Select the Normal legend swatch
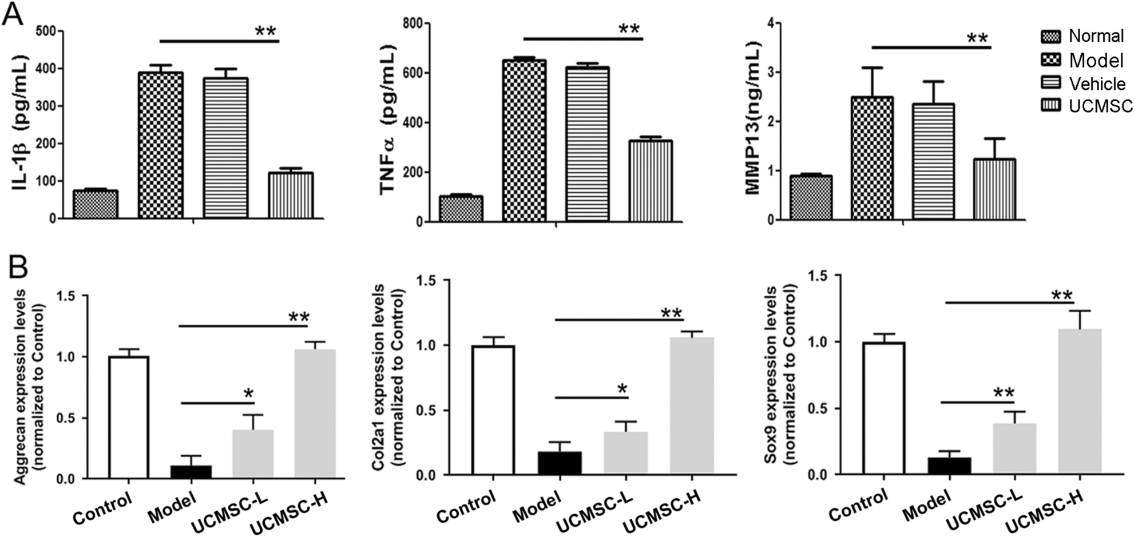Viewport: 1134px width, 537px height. coord(1050,36)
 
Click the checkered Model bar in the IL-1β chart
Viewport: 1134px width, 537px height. coord(161,146)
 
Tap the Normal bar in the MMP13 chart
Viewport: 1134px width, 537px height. coord(810,198)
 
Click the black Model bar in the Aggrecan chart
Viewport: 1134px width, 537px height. coord(192,472)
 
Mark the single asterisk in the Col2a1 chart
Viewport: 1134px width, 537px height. coord(622,389)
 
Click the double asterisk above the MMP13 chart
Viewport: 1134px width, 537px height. coord(977,39)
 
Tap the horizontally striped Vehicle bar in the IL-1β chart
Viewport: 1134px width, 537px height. coord(225,149)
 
